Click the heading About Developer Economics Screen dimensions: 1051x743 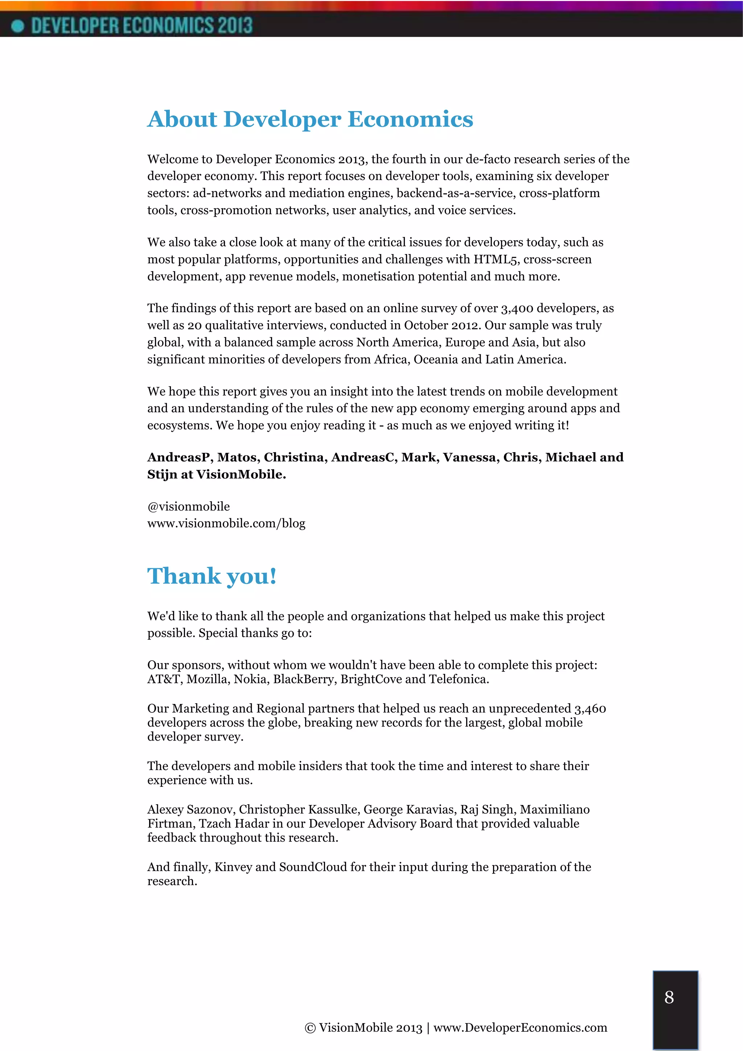310,119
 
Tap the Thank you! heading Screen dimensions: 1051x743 212,576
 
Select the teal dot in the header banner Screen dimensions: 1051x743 17,26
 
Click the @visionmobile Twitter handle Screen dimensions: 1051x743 189,506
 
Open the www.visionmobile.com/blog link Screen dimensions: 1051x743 226,523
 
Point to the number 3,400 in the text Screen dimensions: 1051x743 517,308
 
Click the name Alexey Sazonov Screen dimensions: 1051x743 191,809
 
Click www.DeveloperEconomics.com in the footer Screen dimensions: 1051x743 520,1028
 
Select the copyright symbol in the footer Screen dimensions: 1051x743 310,1028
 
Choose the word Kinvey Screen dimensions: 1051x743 233,867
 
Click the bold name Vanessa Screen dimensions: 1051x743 470,457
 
